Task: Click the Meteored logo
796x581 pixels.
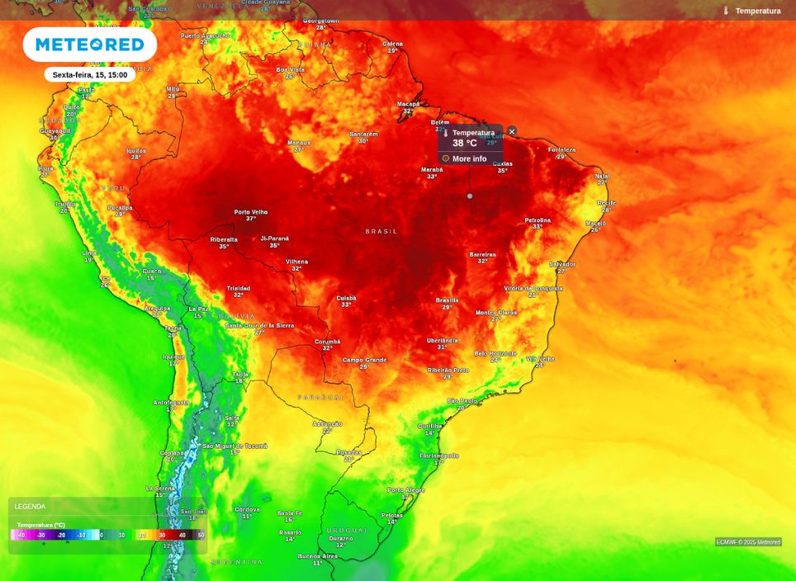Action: point(89,45)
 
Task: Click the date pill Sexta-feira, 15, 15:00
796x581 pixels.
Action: point(89,74)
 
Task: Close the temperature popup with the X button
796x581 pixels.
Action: point(511,131)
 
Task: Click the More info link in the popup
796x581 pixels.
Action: point(469,158)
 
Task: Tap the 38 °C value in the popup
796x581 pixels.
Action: point(464,143)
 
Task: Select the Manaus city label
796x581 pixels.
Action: point(299,142)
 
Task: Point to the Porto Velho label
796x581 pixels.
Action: point(251,212)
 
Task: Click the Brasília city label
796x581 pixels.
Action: point(447,300)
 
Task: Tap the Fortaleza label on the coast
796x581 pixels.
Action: point(562,150)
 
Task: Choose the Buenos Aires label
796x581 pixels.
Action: point(318,556)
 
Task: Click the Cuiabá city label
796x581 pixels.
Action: point(347,298)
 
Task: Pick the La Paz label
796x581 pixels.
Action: point(198,309)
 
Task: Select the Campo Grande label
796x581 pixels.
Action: point(364,360)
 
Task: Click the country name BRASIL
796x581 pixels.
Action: point(381,231)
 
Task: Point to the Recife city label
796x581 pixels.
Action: point(607,203)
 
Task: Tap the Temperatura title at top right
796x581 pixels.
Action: point(757,11)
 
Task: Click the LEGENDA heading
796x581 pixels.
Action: point(30,507)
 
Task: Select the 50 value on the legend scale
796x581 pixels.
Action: point(200,535)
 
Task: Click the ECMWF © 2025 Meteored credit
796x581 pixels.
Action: point(748,542)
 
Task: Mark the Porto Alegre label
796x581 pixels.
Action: point(406,490)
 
